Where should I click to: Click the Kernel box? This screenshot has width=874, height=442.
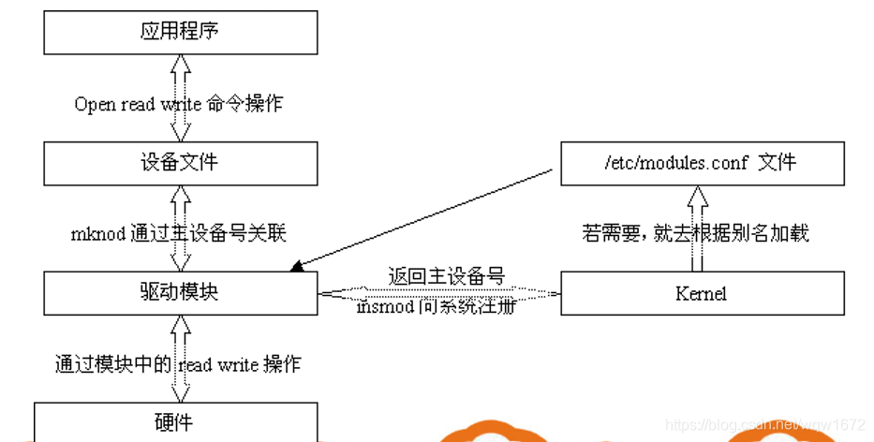click(702, 293)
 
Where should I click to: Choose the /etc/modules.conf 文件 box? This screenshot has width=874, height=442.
click(702, 162)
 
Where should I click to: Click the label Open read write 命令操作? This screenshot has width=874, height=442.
click(178, 104)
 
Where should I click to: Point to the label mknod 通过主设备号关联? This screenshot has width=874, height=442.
click(178, 233)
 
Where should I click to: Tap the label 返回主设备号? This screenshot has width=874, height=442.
click(447, 276)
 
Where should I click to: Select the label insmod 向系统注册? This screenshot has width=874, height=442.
click(437, 306)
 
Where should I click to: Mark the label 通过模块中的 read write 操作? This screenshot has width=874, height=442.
click(178, 363)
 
